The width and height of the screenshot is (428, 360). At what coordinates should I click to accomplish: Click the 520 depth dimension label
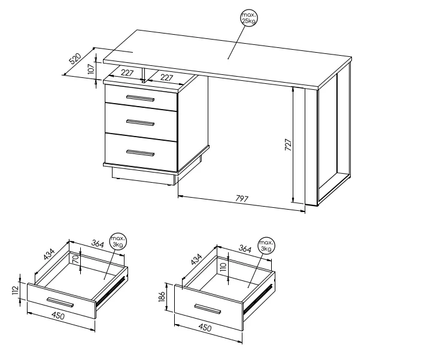pos(75,59)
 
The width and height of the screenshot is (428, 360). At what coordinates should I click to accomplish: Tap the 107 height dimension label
pos(92,68)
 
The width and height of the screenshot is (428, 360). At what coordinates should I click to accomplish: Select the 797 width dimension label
pos(242,199)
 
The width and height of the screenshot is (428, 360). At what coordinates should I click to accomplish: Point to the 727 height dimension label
pos(289,144)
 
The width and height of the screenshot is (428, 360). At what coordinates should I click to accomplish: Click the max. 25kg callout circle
pos(249,18)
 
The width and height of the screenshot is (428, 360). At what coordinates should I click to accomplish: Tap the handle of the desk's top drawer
pos(141,98)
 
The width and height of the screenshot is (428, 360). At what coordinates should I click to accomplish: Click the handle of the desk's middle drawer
pos(141,123)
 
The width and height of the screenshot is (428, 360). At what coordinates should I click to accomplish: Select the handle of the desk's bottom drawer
pos(141,153)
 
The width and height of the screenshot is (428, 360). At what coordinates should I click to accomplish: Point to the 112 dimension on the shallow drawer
pos(15,290)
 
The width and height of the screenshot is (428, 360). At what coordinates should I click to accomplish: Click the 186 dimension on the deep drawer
pos(162,297)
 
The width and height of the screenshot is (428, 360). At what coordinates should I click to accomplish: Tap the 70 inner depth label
pos(76,258)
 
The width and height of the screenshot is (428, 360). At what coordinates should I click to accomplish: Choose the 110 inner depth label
pos(223,267)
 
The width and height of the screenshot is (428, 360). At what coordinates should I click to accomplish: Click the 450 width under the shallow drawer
pos(58,316)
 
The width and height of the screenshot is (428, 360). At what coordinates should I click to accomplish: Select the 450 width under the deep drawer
pos(205,327)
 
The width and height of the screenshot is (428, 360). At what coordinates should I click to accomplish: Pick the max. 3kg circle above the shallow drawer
pos(118,241)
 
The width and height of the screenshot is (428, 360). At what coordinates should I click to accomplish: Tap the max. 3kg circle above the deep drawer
pos(266,245)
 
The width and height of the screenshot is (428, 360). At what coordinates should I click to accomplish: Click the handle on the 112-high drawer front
pos(60,302)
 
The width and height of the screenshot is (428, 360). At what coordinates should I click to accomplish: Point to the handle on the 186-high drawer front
pos(208,309)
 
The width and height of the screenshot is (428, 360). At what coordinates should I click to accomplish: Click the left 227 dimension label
pos(127,72)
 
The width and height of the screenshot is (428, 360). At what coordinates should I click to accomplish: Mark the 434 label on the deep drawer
pos(196,259)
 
